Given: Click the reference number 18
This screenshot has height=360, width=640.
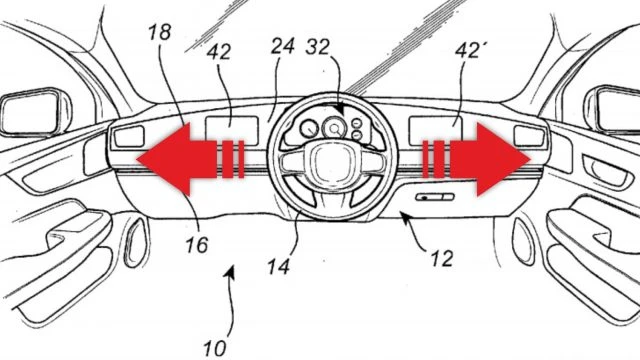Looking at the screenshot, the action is click(160, 33).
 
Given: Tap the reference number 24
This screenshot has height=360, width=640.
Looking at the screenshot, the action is click(282, 46).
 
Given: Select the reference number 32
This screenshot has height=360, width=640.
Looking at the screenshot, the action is click(317, 47).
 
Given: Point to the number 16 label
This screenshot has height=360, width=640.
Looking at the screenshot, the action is click(197, 245).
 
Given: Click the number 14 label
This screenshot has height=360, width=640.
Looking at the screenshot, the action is click(279, 267).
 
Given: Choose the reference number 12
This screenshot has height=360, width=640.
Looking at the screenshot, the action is click(442, 258).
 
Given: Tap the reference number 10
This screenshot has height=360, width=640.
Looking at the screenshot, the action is click(215, 349).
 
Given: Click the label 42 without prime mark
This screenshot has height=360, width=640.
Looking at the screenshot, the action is click(219, 52).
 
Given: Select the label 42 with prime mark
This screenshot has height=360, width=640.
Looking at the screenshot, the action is click(468, 51).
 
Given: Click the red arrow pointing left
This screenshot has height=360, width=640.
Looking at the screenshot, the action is click(190, 159).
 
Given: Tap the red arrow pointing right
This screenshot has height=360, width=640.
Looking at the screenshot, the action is click(477, 159).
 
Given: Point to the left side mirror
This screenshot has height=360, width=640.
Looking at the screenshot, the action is click(32, 111).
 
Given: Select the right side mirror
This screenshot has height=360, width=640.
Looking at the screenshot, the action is click(612, 109).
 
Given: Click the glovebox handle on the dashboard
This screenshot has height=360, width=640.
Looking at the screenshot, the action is click(435, 197).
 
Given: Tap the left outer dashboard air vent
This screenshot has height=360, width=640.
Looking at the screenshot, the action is click(129, 136).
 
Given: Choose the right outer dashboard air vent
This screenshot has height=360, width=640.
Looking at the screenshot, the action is click(529, 136).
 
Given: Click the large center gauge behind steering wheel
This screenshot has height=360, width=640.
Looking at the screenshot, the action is click(334, 128).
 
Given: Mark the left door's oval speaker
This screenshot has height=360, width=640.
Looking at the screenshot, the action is click(136, 242).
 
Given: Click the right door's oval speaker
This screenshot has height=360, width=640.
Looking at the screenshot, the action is click(524, 241).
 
